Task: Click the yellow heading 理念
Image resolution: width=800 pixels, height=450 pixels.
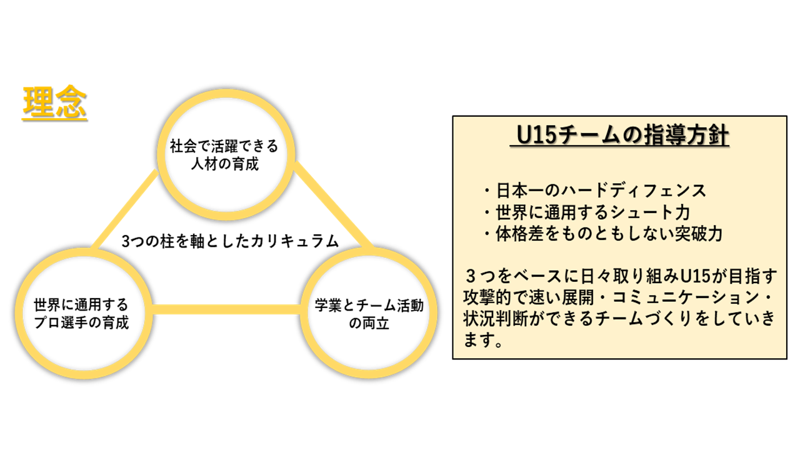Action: (54, 102)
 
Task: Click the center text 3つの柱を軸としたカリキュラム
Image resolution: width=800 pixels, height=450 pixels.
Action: (229, 241)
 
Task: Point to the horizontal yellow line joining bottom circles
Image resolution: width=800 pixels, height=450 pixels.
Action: (226, 309)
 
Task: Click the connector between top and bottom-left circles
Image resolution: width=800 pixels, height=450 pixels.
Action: (125, 209)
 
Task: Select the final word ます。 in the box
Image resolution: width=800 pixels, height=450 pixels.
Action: (484, 339)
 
